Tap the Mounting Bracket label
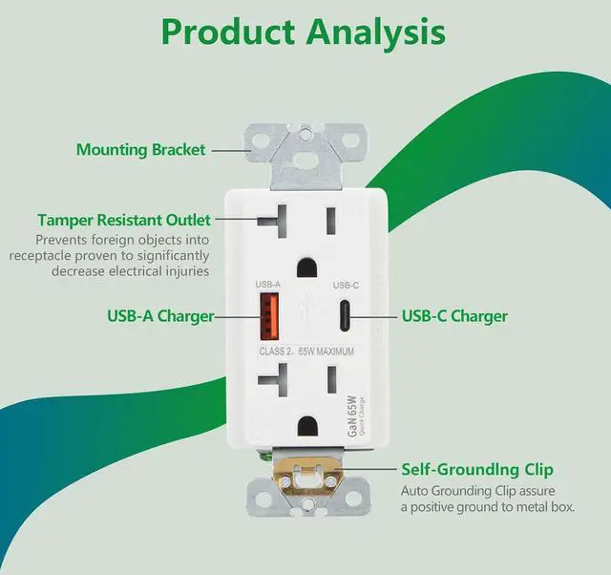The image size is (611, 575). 139,150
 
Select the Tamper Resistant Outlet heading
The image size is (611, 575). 124,221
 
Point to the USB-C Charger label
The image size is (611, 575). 454,316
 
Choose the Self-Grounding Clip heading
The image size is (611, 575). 476,470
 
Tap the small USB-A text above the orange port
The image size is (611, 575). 267,285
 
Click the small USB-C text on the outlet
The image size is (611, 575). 344,286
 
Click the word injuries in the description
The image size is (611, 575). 183,272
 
